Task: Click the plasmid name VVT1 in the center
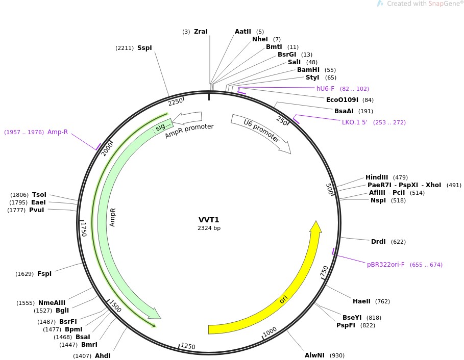tap(209, 220)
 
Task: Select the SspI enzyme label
tap(144, 48)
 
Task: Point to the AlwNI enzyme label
tap(314, 355)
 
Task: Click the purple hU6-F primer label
tap(326, 89)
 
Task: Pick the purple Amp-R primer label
tap(58, 132)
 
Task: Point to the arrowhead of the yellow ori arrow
tap(316, 227)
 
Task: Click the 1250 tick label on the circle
tap(188, 347)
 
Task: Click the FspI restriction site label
tap(44, 274)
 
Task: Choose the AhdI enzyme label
tap(103, 356)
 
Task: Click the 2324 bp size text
tap(209, 228)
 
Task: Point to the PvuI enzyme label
tap(37, 210)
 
